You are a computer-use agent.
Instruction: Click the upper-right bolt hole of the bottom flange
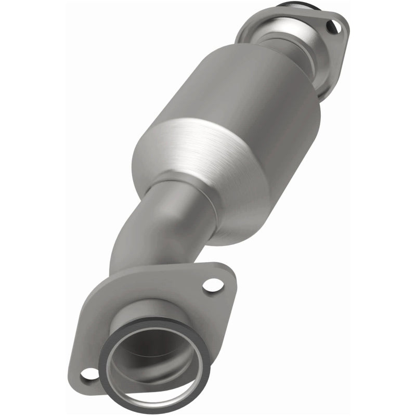[212, 284]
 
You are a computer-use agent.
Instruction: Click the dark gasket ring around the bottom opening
[115, 359]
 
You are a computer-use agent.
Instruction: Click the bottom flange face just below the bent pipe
[172, 291]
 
